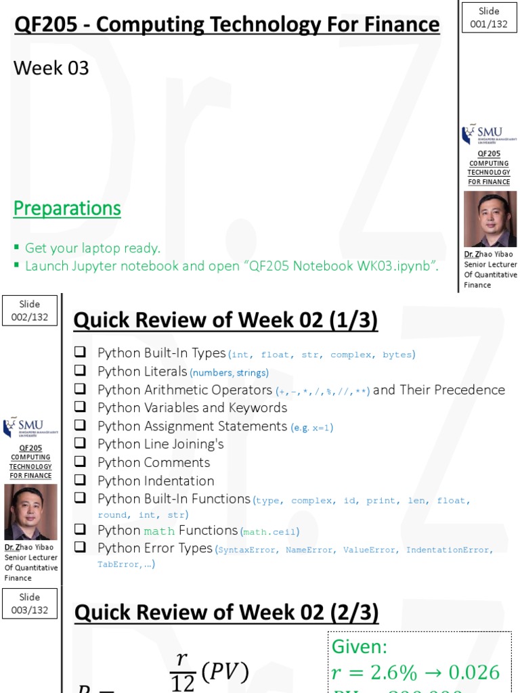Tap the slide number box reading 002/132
coord(30,311)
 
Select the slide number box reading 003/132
coord(30,604)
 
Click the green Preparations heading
coord(67,208)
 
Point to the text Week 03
coord(51,68)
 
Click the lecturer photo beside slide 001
coord(490,219)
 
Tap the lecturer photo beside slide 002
coord(30,512)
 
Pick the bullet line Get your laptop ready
coord(92,248)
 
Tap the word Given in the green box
coord(359,647)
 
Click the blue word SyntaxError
coord(247,550)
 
